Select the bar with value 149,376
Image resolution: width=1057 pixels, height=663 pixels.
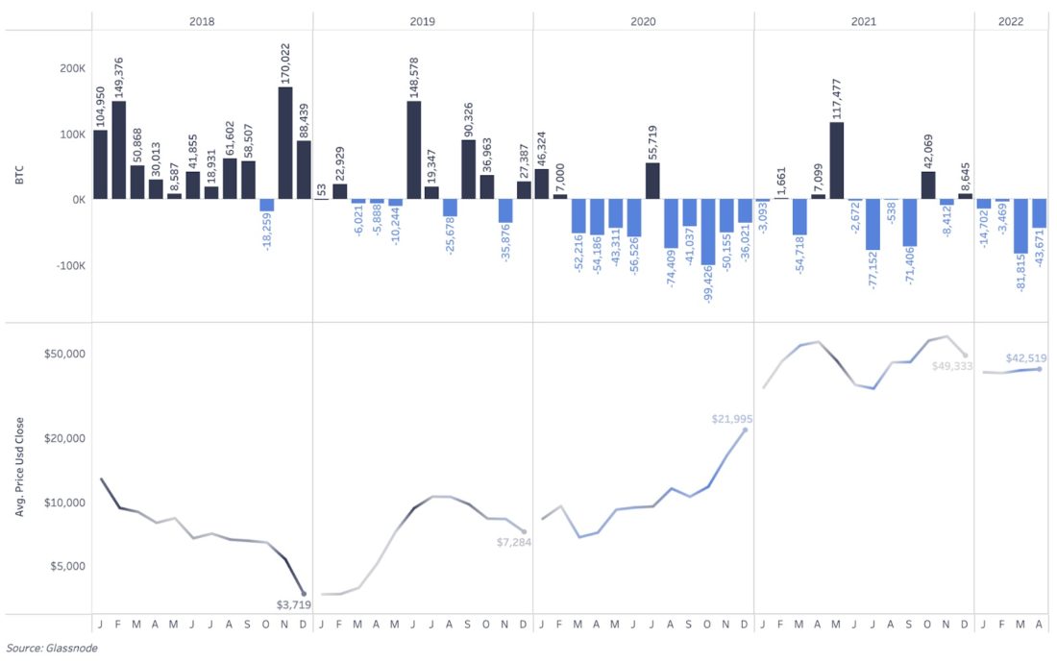119,151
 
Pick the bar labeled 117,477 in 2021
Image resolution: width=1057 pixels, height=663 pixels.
837,160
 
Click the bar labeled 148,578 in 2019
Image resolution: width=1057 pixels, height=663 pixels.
414,151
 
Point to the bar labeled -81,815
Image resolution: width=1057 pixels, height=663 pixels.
1020,226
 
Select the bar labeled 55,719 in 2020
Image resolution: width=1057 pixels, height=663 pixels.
652,181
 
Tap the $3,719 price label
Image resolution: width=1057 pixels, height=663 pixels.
295,604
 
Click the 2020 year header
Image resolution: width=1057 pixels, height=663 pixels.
643,20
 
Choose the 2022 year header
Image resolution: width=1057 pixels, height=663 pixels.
1012,20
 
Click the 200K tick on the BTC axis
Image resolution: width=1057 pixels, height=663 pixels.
72,69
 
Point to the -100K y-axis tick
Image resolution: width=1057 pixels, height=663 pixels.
69,265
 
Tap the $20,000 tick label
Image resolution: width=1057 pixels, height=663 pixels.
66,438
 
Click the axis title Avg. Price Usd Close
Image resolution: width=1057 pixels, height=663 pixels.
20,466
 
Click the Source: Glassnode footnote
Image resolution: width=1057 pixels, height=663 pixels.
51,648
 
